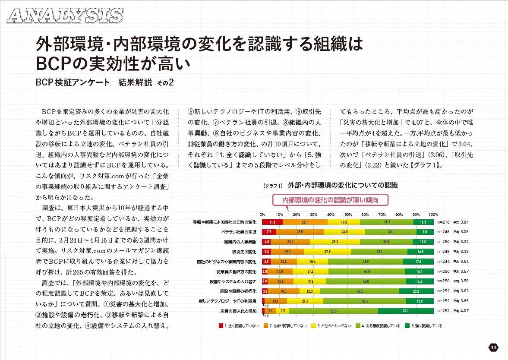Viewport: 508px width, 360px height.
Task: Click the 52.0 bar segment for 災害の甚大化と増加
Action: coord(333,311)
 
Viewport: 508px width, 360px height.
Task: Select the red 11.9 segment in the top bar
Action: coord(272,222)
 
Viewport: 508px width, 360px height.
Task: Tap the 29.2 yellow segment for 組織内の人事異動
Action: coord(335,242)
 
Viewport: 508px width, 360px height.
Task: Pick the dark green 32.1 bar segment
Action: coord(406,311)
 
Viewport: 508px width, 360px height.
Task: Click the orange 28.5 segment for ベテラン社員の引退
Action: coord(300,232)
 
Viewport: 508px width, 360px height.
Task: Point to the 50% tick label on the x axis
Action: coord(347,215)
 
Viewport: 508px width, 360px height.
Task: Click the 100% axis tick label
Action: coord(433,215)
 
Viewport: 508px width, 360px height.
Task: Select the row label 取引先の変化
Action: coord(244,252)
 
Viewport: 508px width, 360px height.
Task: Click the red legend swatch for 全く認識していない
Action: coord(221,326)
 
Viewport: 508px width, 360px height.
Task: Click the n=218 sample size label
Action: coord(443,222)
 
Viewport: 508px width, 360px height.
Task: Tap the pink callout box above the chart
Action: coord(330,200)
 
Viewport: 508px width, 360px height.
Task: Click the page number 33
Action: coord(494,347)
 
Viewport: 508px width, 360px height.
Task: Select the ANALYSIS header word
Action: coord(65,16)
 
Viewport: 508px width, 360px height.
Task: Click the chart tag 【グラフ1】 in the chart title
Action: coord(272,186)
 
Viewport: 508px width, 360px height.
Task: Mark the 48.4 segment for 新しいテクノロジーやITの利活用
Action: coord(365,301)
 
